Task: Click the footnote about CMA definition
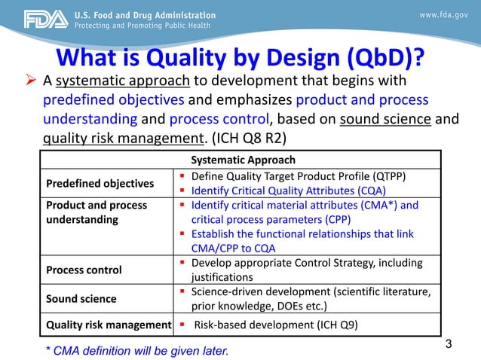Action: [136, 350]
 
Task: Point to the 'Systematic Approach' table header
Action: [243, 160]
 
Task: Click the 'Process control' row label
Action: [84, 270]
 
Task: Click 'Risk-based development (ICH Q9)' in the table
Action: [276, 325]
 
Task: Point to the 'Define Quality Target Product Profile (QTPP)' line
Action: [299, 176]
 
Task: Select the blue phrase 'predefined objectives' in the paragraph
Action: [113, 100]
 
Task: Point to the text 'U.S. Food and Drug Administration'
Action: [144, 14]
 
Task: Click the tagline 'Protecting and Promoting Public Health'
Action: [143, 26]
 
